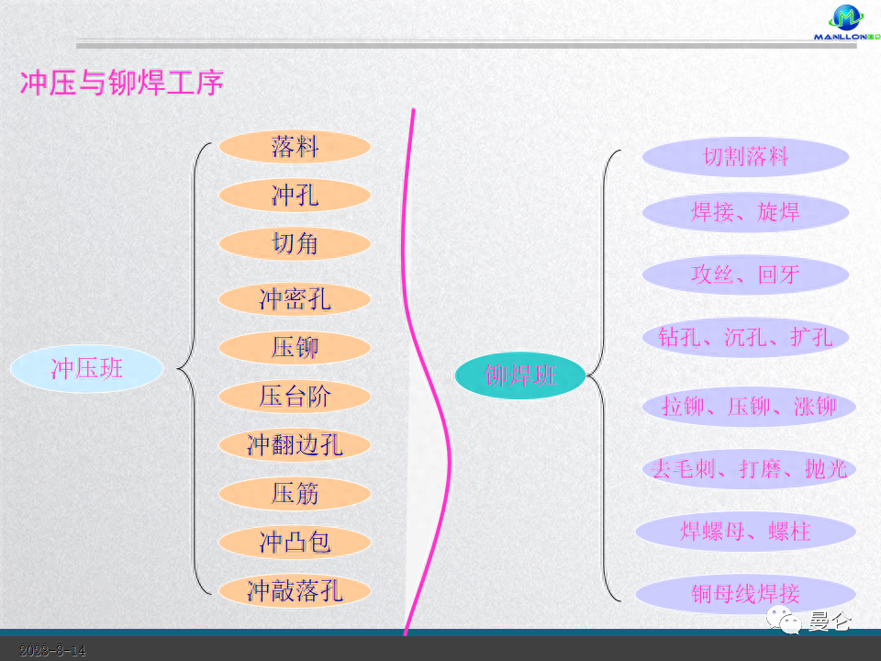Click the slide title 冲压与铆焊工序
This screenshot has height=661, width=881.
click(121, 84)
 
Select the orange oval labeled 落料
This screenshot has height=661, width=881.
click(295, 147)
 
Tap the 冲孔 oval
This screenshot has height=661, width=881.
click(295, 196)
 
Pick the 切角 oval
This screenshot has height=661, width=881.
click(295, 243)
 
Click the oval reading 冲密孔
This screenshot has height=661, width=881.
click(295, 299)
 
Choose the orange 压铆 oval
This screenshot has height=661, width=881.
click(295, 348)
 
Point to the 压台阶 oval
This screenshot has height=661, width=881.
click(295, 397)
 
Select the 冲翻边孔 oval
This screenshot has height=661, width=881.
click(295, 445)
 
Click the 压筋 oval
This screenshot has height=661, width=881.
click(295, 494)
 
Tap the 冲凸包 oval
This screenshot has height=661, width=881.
click(295, 543)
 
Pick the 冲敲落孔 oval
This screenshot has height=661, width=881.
click(295, 590)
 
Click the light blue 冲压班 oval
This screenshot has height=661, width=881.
click(86, 369)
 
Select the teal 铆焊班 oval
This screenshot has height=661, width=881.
click(520, 375)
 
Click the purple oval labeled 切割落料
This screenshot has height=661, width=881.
click(745, 157)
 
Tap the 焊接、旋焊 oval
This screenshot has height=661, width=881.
click(745, 213)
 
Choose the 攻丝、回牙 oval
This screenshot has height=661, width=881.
click(745, 274)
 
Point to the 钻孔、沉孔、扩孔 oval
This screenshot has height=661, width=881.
click(745, 337)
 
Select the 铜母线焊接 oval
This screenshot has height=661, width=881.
click(745, 594)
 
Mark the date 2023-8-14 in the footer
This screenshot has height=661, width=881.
click(53, 651)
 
